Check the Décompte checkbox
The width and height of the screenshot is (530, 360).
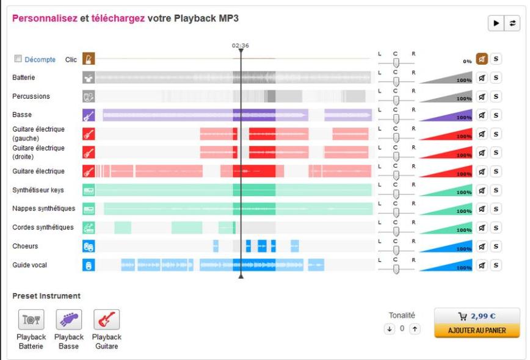pos(18,59)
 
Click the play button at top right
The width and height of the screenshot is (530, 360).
pos(495,23)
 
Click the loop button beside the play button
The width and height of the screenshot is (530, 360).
pos(512,23)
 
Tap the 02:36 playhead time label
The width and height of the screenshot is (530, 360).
pos(241,46)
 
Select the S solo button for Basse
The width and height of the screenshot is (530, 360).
pos(496,115)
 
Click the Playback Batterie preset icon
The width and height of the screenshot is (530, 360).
pos(31,320)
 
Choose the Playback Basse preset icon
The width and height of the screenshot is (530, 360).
pos(68,320)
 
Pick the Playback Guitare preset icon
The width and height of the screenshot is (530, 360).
pos(106,320)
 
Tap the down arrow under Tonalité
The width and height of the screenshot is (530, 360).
pos(389,329)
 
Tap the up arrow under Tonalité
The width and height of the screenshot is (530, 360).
pos(415,329)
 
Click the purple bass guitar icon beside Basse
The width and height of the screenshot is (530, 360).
pos(89,115)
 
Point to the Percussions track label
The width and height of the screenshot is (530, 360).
pos(31,96)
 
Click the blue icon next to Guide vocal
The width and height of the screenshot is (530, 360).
pos(89,265)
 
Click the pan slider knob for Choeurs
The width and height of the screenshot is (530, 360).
pos(396,251)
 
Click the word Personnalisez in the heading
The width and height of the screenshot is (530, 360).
pos(45,18)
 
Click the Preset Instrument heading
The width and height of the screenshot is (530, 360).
pos(46,296)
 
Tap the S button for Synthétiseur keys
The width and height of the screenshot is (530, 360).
pos(496,190)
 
